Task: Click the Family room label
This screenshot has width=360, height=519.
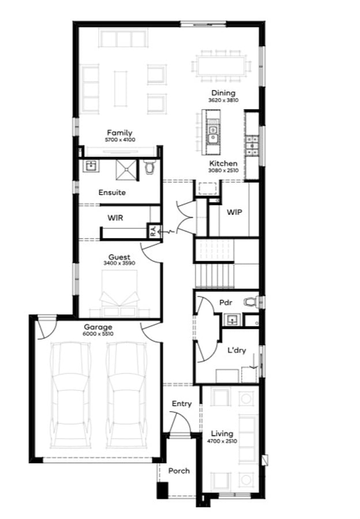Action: coord(119,133)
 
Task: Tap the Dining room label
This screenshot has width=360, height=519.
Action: coord(223,93)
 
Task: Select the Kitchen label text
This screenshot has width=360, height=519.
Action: coord(223,164)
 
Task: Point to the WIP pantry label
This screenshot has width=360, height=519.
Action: coord(234,212)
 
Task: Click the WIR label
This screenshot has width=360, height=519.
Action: coord(116,218)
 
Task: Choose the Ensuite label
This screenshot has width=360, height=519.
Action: coord(112,193)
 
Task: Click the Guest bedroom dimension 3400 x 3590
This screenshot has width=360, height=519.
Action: coord(119,264)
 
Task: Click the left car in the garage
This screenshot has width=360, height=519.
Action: coord(70,394)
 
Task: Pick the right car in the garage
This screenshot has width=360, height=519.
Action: coord(126,394)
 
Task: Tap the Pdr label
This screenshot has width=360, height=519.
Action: coord(225,303)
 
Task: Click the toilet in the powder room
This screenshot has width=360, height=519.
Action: coord(250,302)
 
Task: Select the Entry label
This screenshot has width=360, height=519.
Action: coord(182,404)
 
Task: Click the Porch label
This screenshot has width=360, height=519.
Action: coord(179,471)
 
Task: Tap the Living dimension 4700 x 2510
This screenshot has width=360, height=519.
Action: coord(222,441)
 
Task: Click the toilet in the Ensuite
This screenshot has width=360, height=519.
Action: coord(151,167)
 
